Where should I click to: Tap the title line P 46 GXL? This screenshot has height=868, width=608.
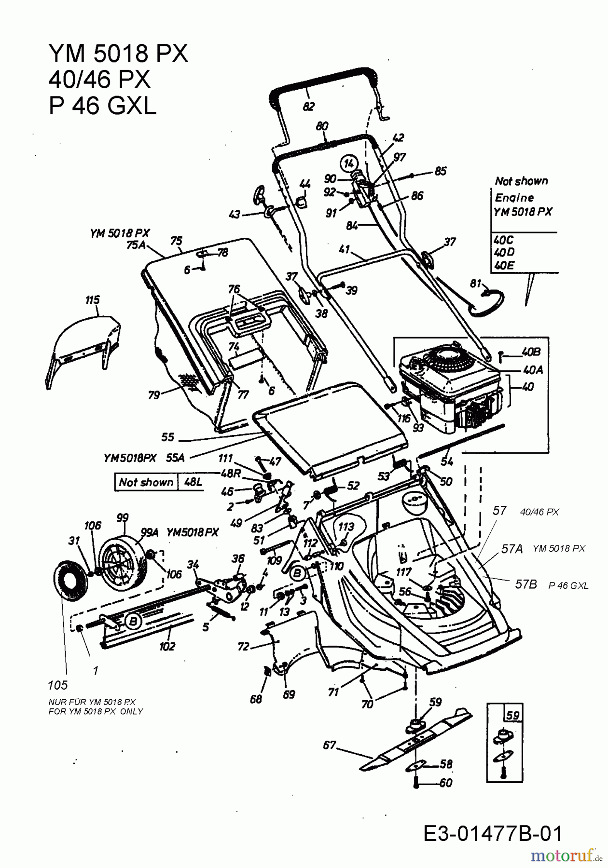coord(102,106)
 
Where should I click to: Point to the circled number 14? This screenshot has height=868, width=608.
coord(347,164)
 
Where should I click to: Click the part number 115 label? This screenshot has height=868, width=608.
coord(92,300)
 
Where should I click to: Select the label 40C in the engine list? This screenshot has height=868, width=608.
coord(504,240)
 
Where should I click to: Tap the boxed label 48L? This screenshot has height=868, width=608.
coord(194,482)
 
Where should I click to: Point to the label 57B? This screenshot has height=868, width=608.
coord(526,584)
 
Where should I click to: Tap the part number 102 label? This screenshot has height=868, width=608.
coord(167,646)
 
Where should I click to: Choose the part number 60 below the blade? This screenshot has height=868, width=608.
coord(445,783)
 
